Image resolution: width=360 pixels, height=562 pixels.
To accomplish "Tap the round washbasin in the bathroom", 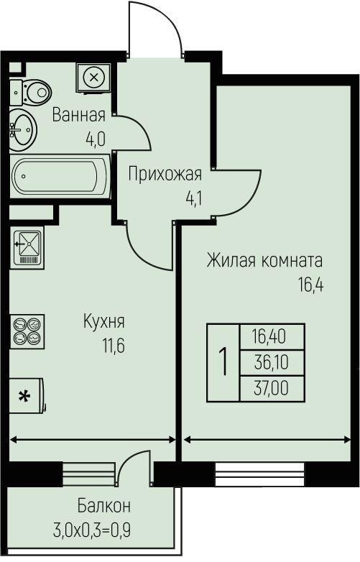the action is point(22,130).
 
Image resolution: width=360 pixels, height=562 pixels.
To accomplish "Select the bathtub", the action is point(60,176).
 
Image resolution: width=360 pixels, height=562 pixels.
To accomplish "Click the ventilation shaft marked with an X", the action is point(94,78).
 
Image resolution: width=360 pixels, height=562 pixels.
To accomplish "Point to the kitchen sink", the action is point(27,247).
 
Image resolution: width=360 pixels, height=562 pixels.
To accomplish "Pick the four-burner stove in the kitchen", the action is point(27,331).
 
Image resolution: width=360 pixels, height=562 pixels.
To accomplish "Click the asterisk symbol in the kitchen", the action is point(24,397).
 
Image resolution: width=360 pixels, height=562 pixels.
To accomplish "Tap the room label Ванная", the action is point(79,116).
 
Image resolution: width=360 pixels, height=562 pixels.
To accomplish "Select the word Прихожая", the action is point(165,174).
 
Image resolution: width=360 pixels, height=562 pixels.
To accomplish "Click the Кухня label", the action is point(104,321).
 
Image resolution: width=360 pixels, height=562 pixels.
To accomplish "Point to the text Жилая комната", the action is point(264,261).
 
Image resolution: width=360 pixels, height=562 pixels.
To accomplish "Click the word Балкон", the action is point(104,506).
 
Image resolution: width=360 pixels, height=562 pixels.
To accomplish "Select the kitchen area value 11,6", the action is point(114,346).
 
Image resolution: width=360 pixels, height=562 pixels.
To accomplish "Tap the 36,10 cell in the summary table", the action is point(272,363).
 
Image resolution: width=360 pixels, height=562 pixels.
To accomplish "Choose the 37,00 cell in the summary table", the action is point(272,389).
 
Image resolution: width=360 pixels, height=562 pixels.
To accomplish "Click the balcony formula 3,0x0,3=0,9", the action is point(92,530).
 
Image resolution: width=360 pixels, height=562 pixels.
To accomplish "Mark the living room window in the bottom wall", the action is point(259,474).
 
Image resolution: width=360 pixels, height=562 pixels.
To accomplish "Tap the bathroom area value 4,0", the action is point(96,139).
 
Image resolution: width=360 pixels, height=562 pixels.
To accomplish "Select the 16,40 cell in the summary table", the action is point(272,337).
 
